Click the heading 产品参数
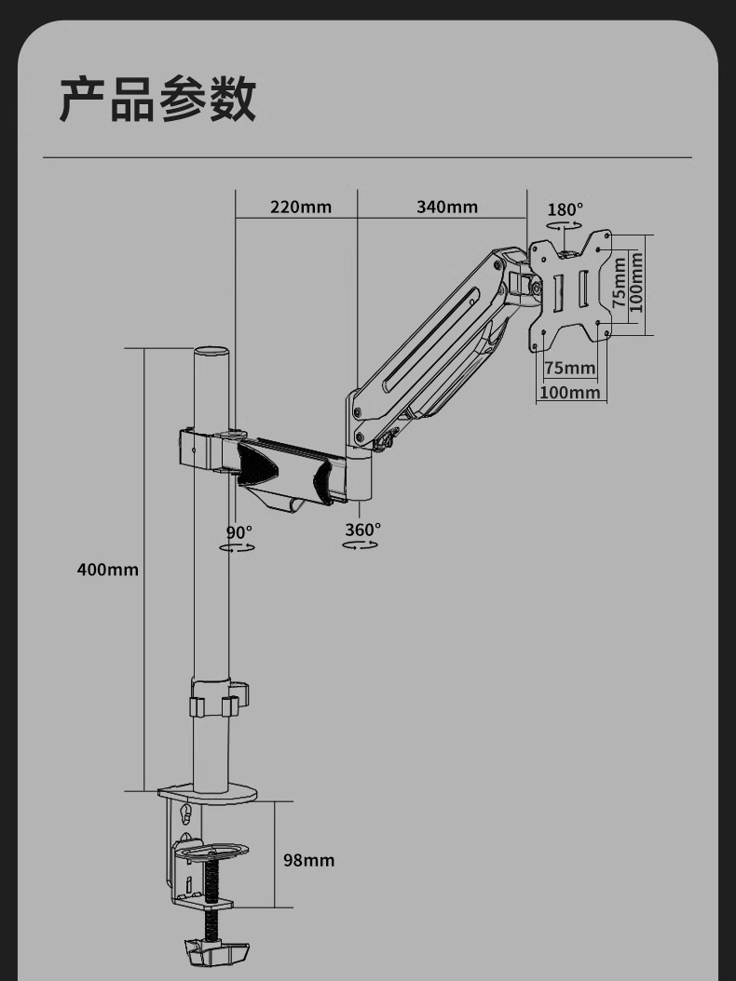pos(157,99)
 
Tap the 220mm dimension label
pos(301,207)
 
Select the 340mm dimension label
pos(447,207)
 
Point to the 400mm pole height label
pos(108,570)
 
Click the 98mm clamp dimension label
pos(308,860)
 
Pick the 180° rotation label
pos(565,209)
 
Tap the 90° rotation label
pos(239,532)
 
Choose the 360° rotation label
pos(362,530)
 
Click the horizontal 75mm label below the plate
pos(569,368)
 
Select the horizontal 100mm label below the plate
pos(570,392)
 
